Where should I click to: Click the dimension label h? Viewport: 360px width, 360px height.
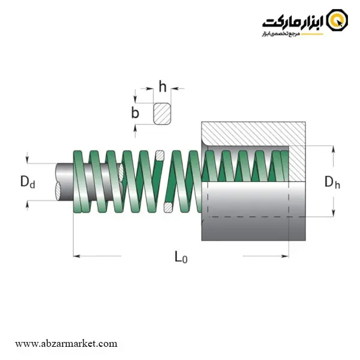tap(163, 86)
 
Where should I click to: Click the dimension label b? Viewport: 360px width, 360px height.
tap(135, 113)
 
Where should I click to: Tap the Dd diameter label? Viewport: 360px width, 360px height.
tap(28, 181)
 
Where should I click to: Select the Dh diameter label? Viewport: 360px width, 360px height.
tap(332, 182)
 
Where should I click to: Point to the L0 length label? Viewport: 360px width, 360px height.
tap(181, 257)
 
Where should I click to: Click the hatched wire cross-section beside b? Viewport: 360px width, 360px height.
tap(162, 113)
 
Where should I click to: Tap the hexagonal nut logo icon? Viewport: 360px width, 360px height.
tap(337, 20)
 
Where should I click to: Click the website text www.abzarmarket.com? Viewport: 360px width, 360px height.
tap(66, 344)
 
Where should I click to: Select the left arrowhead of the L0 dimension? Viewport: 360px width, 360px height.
tap(76, 256)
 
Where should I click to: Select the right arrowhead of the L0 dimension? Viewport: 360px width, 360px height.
tap(286, 256)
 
